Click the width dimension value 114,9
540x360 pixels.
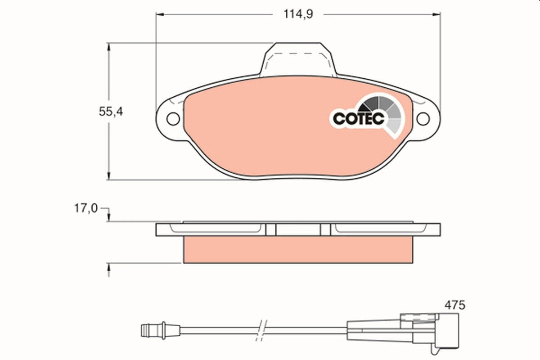click(x=297, y=14)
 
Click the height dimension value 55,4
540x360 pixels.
click(x=111, y=112)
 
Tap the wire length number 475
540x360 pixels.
click(x=455, y=305)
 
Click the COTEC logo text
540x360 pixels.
click(x=358, y=118)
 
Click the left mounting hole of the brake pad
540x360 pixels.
click(x=172, y=119)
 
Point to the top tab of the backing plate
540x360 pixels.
click(x=298, y=58)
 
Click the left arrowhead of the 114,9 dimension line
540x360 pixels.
click(x=160, y=14)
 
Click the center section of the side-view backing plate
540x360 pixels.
click(x=297, y=230)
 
